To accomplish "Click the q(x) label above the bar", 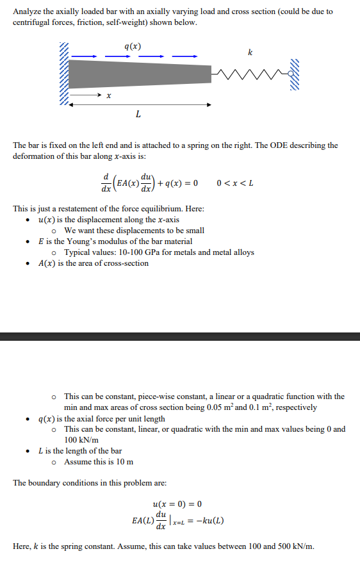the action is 133,46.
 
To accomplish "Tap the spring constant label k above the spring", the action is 250,52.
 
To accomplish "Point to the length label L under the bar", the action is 139,115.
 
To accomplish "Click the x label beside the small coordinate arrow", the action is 110,96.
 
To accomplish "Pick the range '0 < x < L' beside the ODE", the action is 236,183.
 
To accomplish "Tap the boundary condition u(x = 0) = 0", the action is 182,504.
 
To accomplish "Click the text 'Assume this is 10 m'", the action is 99,462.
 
